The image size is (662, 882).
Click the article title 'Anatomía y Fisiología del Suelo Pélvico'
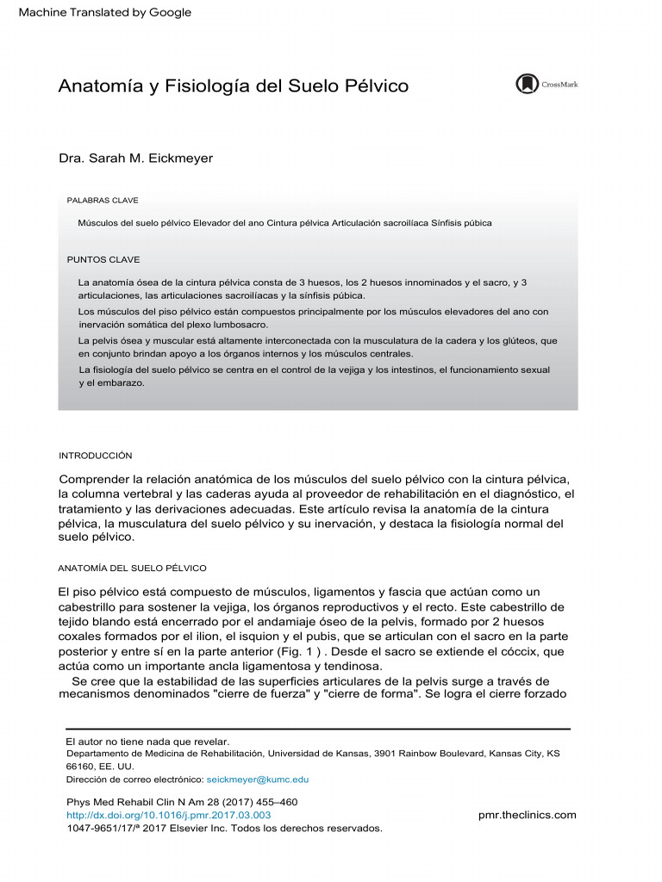tap(233, 87)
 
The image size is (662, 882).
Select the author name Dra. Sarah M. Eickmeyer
tap(134, 158)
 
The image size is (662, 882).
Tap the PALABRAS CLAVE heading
tap(103, 200)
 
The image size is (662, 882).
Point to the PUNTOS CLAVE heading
tap(103, 259)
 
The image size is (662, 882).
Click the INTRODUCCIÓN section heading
tap(95, 455)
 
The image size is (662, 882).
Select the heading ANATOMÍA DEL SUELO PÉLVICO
tap(132, 568)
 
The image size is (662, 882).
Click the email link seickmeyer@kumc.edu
tap(258, 780)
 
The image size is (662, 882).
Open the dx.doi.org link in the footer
tap(169, 815)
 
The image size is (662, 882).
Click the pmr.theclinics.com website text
tap(527, 815)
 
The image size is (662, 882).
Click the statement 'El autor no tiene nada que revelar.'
tap(148, 742)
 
